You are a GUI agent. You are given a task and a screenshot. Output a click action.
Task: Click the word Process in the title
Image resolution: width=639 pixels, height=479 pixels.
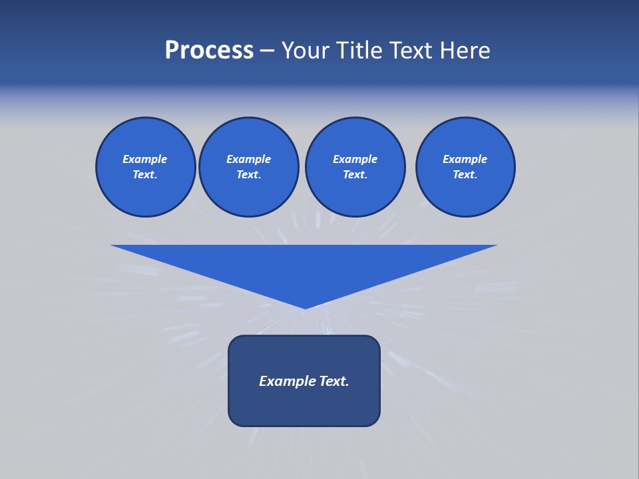[x=209, y=51]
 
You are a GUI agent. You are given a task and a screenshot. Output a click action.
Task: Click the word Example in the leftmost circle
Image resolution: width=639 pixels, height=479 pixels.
[x=145, y=159]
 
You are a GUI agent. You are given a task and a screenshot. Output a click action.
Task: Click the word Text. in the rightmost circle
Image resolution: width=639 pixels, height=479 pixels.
[x=465, y=174]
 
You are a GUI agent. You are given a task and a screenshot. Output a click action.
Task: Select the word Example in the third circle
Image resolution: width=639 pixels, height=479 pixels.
[x=355, y=159]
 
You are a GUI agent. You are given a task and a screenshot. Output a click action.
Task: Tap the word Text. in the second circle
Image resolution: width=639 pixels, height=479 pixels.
[x=249, y=174]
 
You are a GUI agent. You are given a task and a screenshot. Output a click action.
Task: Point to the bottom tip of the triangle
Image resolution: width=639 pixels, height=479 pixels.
[x=305, y=307]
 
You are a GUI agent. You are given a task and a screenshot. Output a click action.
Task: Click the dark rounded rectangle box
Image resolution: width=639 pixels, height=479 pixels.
[x=304, y=406]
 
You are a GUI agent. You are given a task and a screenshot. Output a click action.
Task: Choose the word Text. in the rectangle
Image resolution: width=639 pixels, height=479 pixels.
[x=335, y=381]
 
